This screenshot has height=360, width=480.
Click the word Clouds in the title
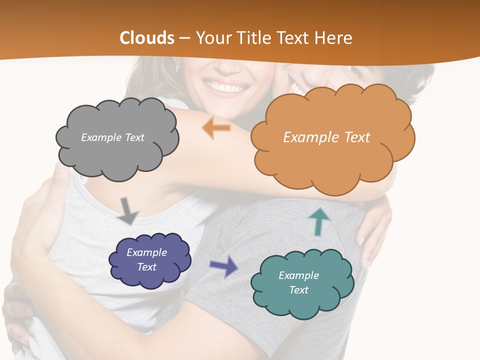(x=147, y=38)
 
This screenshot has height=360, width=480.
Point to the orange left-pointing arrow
(x=216, y=128)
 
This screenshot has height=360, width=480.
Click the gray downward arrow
(x=127, y=211)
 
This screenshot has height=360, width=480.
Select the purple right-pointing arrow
(x=223, y=265)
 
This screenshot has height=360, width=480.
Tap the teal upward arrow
(x=319, y=221)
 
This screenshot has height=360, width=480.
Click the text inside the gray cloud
(x=112, y=137)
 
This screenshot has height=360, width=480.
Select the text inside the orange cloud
(x=326, y=137)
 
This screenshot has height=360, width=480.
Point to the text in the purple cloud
(x=146, y=259)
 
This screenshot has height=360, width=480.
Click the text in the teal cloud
(x=298, y=282)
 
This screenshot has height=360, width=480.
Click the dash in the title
(x=185, y=38)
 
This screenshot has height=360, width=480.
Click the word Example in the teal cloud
(x=298, y=275)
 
